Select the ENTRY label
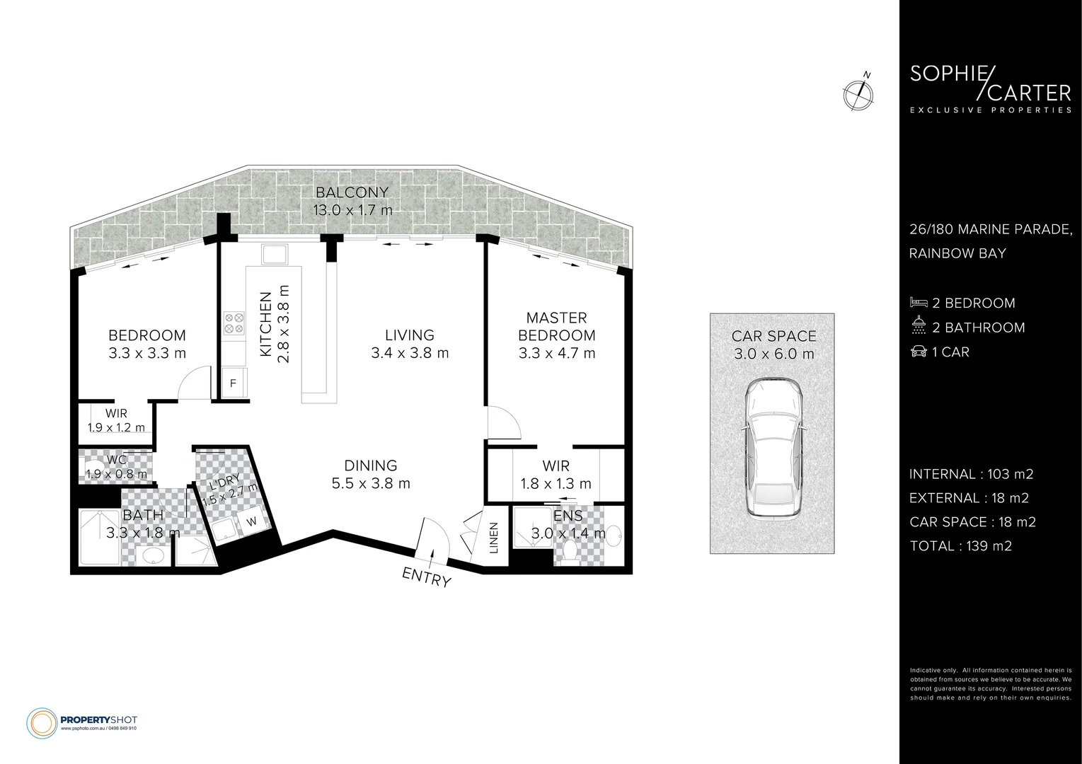tap(426, 577)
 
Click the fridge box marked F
tap(233, 384)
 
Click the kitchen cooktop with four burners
tap(234, 323)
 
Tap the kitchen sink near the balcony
tap(272, 253)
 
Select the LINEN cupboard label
tap(494, 538)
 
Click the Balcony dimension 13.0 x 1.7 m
tap(352, 210)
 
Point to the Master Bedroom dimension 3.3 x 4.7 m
tap(556, 352)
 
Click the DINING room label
tap(370, 465)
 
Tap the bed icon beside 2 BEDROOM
tap(919, 303)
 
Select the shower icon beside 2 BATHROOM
tap(919, 327)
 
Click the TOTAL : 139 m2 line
tap(960, 545)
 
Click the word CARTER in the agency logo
tap(1030, 93)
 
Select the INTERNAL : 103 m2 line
tap(966, 474)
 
